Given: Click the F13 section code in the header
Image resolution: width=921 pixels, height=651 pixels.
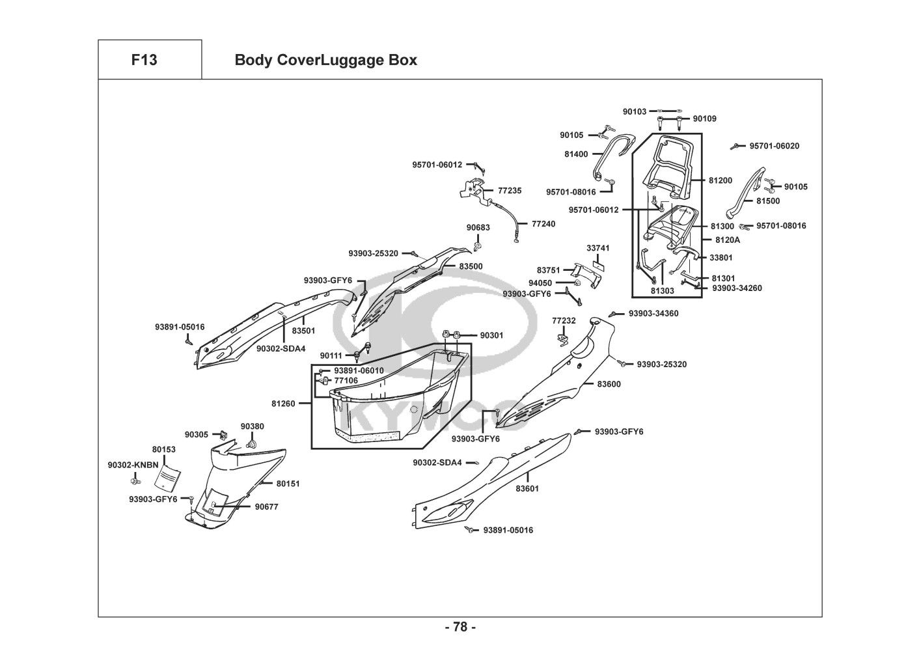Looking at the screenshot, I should pos(144,60).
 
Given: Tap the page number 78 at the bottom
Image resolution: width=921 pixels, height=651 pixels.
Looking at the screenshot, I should pos(460,627).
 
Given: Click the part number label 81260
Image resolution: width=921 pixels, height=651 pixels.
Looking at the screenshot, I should pos(283,404).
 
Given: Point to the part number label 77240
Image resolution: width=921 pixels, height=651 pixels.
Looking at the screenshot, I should pos(543,223).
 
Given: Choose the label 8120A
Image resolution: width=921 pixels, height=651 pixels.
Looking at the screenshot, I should pos(727,240).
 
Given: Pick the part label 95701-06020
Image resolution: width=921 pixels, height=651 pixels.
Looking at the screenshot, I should pos(774,146).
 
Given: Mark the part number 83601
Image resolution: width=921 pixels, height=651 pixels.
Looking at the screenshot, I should pos(527,488).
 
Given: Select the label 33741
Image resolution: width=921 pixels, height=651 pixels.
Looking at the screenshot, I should pos(598,248).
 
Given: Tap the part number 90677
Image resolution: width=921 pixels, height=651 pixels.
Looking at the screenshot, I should pos(266,506).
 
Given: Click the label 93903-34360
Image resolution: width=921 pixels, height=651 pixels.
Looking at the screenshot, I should pos(653,313).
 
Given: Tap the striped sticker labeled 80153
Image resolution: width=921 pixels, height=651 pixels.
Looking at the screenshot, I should pos(167,478).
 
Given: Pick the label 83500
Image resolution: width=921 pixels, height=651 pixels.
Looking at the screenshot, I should pos(471,266).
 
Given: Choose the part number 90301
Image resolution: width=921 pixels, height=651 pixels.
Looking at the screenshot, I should pos(491,335).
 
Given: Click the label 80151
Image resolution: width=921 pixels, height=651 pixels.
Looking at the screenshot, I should pos(288,484).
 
